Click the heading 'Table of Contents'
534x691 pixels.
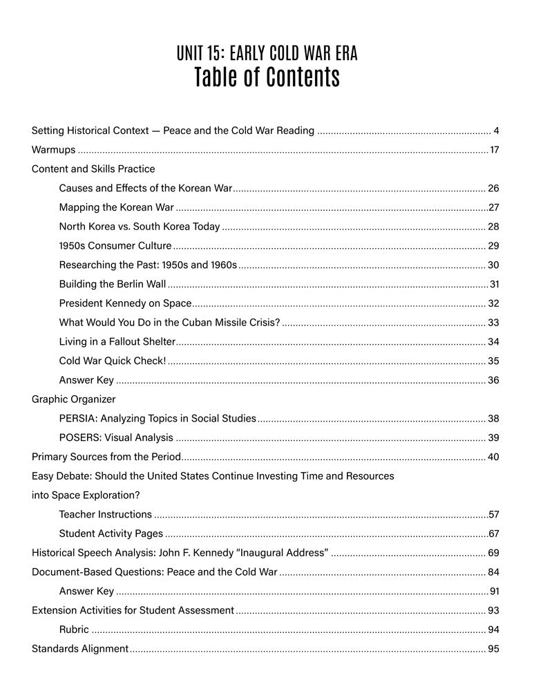(267, 77)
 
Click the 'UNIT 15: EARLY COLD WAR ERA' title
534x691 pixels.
(267, 53)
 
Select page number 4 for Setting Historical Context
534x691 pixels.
(496, 130)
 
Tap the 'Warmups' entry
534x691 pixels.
(54, 149)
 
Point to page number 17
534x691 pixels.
(494, 149)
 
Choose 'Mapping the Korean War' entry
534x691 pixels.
(116, 207)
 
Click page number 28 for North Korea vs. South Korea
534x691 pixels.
(493, 226)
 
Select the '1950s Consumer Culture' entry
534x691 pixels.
(115, 245)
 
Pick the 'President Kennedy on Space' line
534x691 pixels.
(124, 303)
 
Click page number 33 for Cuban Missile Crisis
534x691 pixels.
(493, 322)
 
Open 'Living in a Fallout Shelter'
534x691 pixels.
(117, 341)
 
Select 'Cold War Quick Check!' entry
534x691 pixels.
(113, 361)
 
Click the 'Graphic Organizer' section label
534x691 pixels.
(74, 399)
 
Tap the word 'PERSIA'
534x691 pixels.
(77, 418)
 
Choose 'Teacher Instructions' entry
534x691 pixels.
(106, 514)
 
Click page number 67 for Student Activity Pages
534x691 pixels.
(493, 533)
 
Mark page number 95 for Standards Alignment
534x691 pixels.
(493, 649)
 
